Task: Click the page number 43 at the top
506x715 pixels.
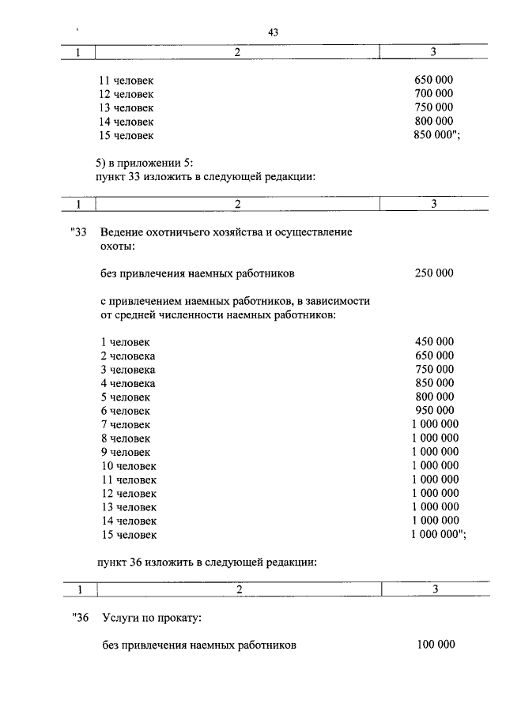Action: (274, 32)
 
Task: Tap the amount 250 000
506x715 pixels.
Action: (434, 273)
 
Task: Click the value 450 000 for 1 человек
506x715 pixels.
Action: (434, 342)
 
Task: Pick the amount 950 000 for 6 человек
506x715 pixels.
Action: (434, 411)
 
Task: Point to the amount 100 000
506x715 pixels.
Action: (436, 645)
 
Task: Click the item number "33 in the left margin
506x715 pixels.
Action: (78, 232)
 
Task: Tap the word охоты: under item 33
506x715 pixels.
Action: (117, 246)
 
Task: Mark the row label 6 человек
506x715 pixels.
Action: (125, 411)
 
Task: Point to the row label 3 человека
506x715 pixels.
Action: (127, 370)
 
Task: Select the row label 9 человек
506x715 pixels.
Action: (125, 452)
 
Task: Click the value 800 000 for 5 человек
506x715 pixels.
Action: (434, 397)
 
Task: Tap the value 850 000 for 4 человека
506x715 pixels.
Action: (434, 383)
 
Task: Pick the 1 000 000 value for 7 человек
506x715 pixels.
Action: (435, 424)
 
